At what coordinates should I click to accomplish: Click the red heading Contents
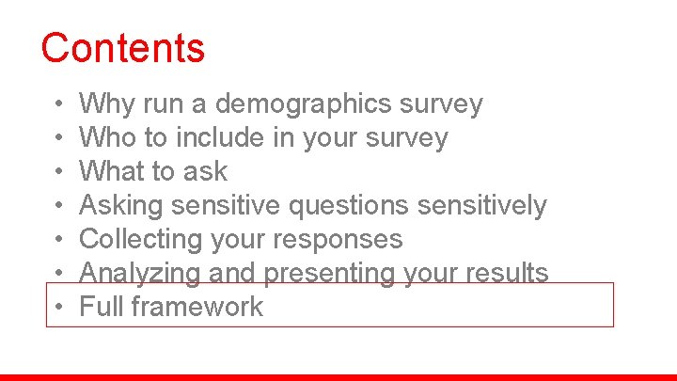point(122,48)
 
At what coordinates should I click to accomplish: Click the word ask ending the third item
point(207,171)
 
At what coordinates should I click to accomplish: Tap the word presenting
point(311,273)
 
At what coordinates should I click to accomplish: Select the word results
point(512,273)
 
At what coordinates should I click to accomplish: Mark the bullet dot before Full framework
point(58,307)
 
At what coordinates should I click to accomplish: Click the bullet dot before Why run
point(58,103)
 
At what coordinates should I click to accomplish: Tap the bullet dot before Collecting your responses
point(58,239)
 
